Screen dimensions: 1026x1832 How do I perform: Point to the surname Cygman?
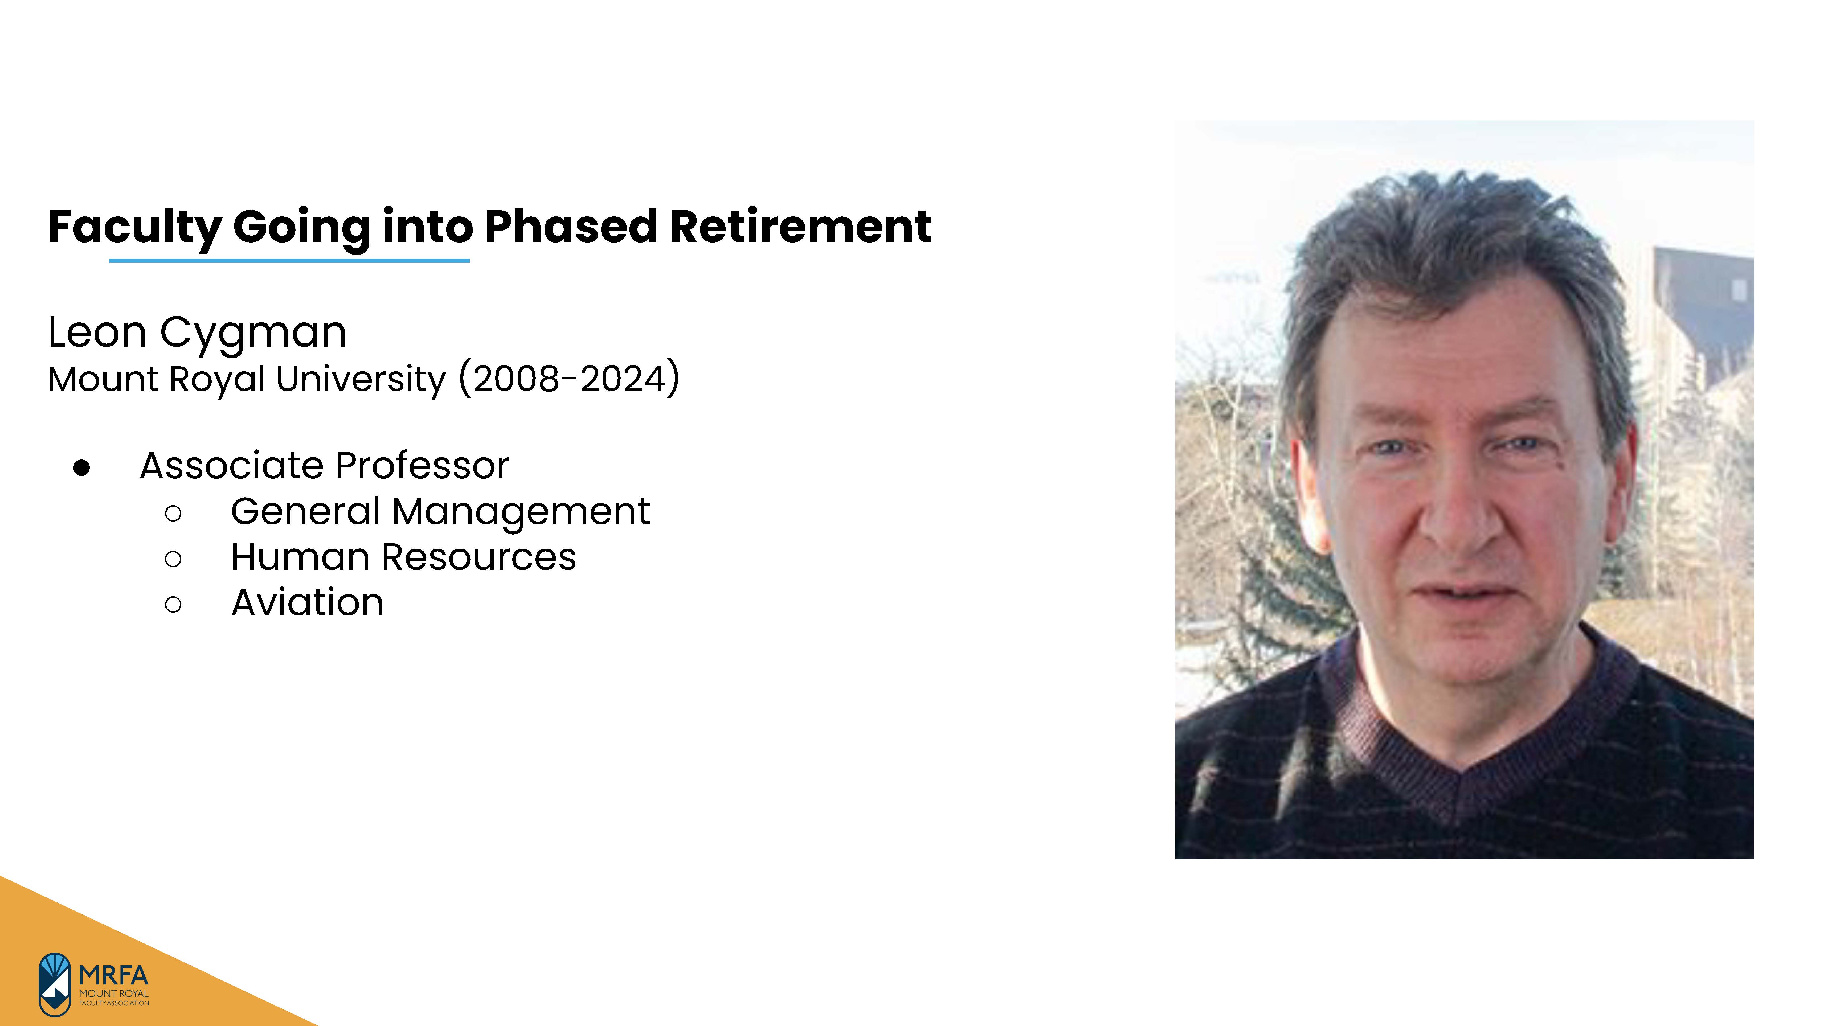tap(253, 333)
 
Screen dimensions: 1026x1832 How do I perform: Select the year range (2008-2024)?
tap(569, 378)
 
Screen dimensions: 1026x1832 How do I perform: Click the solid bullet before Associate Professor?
tap(82, 467)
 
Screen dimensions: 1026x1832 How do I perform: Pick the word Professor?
tap(422, 466)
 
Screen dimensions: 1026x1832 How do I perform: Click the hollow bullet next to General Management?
tap(173, 513)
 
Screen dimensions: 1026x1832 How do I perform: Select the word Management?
tap(521, 512)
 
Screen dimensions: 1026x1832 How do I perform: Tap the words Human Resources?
tap(403, 557)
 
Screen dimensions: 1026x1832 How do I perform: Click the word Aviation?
tap(307, 603)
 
